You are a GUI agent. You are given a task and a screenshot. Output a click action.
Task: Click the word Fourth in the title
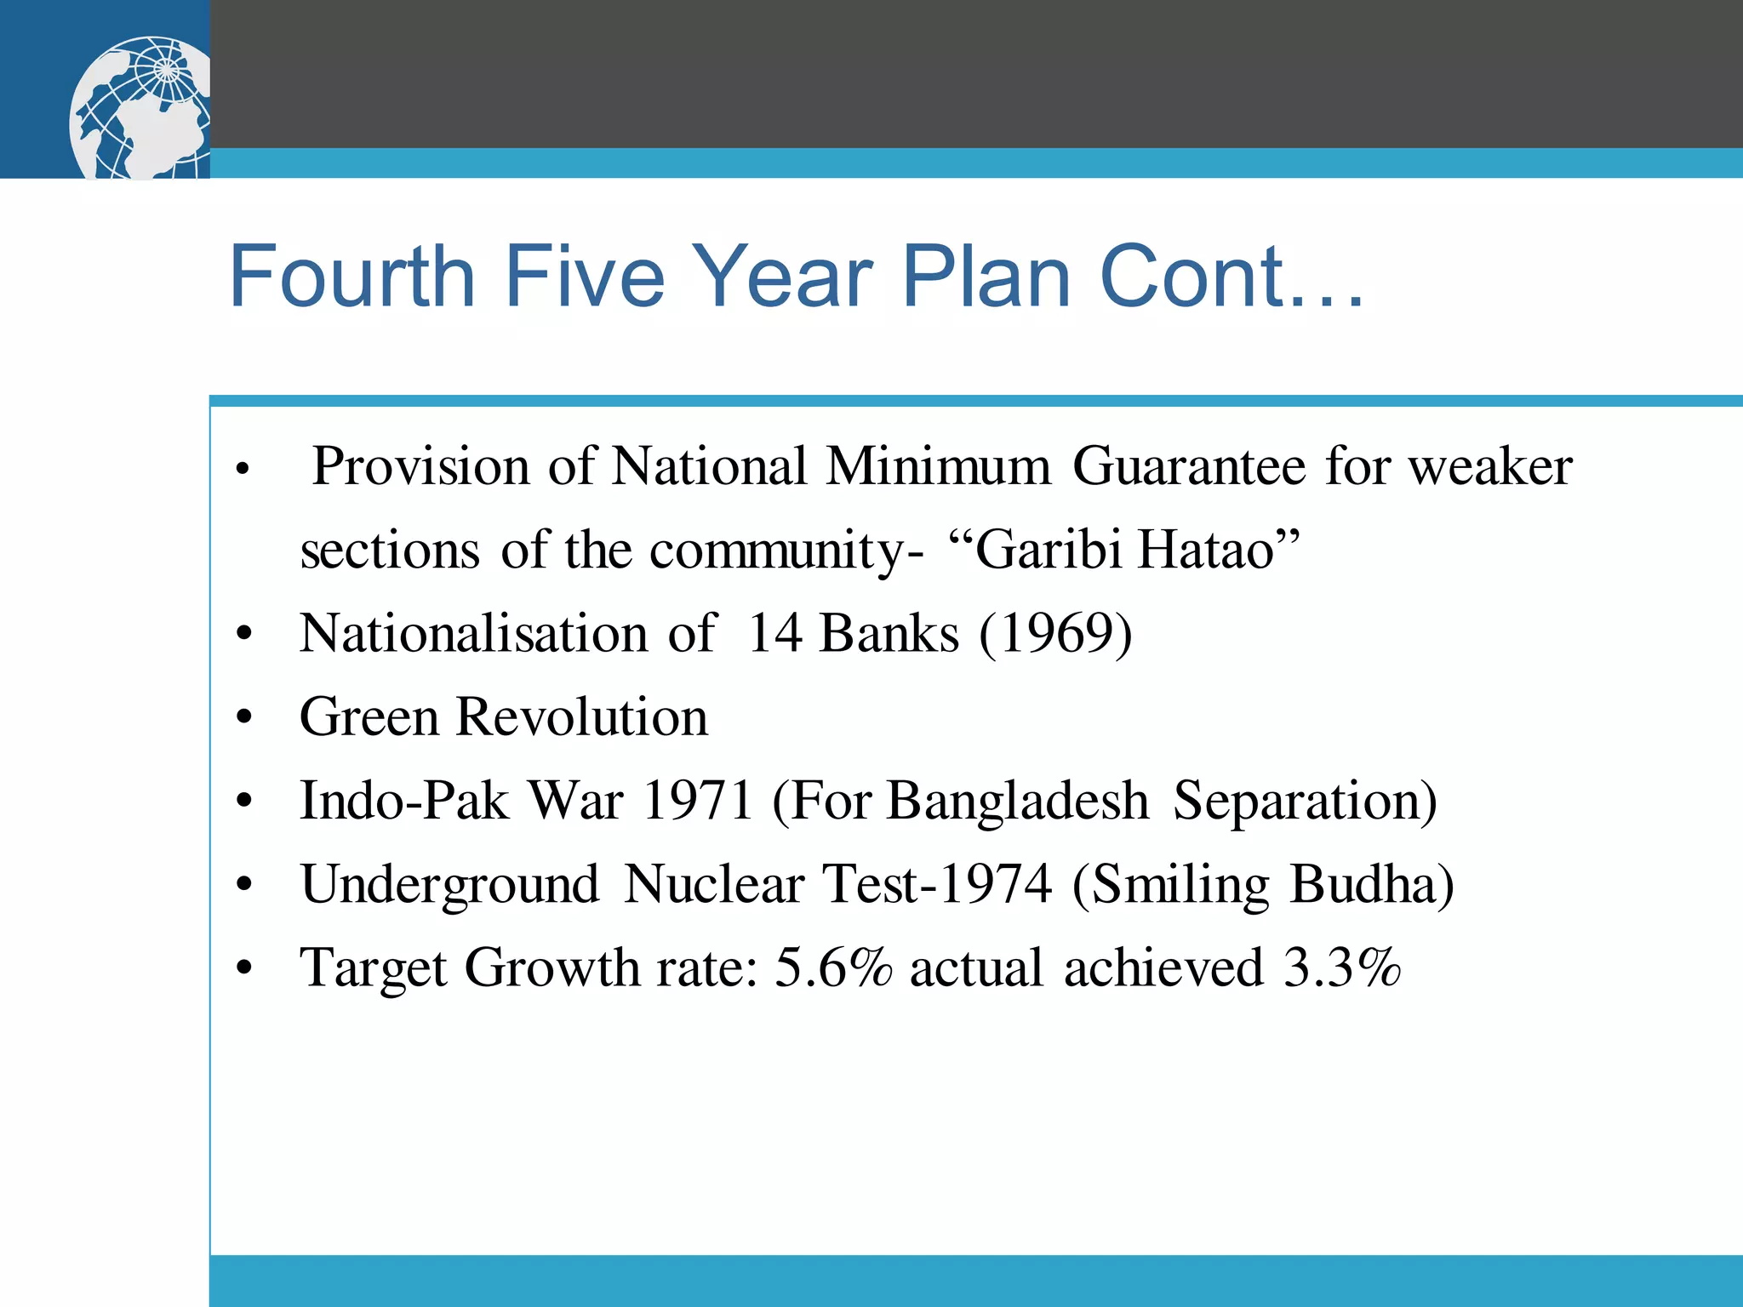pyautogui.click(x=351, y=277)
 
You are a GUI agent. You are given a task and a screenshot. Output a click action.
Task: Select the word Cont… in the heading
pyautogui.click(x=1232, y=277)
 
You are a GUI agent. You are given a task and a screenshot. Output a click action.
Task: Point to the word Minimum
pyautogui.click(x=939, y=466)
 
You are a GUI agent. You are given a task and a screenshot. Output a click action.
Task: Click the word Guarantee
pyautogui.click(x=1189, y=468)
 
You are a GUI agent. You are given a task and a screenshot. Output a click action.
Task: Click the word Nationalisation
pyautogui.click(x=473, y=634)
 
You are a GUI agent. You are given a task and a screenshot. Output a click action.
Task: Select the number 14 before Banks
pyautogui.click(x=774, y=634)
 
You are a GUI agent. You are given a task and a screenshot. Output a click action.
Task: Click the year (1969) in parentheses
pyautogui.click(x=1055, y=634)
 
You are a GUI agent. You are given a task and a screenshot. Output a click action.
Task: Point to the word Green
pyautogui.click(x=369, y=716)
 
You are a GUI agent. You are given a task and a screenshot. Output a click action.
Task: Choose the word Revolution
pyautogui.click(x=581, y=716)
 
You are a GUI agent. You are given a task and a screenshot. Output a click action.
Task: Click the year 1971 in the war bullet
pyautogui.click(x=697, y=801)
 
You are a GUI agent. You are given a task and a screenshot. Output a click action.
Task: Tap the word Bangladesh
pyautogui.click(x=1018, y=801)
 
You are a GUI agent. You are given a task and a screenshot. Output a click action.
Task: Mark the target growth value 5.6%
pyautogui.click(x=833, y=967)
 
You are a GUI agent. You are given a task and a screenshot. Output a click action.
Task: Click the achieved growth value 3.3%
pyautogui.click(x=1341, y=967)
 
